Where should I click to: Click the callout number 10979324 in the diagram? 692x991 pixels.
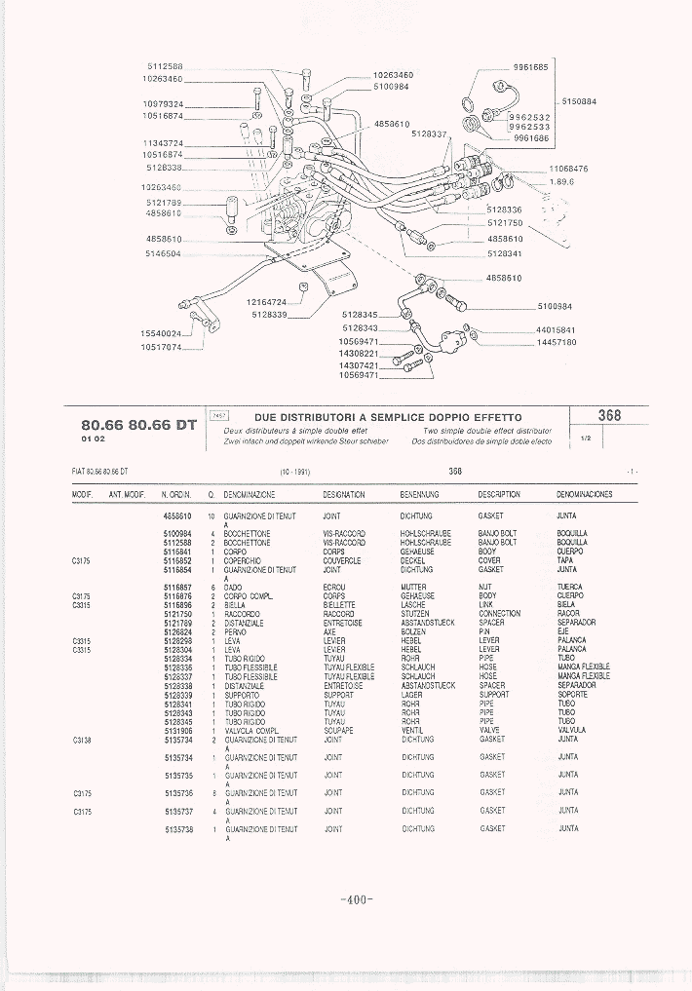[162, 102]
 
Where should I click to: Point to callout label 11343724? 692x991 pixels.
[162, 143]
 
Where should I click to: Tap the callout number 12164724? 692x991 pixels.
[266, 302]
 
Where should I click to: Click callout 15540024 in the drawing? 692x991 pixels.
[162, 333]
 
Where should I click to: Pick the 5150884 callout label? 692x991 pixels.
[579, 101]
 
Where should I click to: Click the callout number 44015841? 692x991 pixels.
[557, 329]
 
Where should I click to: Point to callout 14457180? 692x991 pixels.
[557, 342]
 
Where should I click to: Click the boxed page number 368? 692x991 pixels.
[609, 415]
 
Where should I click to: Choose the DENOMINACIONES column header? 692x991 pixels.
[584, 495]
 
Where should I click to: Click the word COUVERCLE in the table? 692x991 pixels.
[342, 561]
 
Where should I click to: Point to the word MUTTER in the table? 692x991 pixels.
[414, 588]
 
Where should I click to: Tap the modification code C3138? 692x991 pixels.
[82, 740]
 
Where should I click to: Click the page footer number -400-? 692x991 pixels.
[358, 899]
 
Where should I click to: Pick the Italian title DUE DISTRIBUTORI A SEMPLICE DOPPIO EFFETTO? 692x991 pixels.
[387, 417]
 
